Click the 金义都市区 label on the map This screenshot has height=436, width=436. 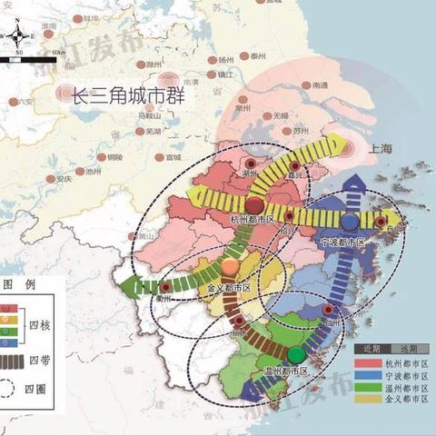(x=229, y=287)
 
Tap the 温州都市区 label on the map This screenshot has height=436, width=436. (x=286, y=372)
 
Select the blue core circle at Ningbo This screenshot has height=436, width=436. (x=350, y=222)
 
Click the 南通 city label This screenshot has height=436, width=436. (x=318, y=85)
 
